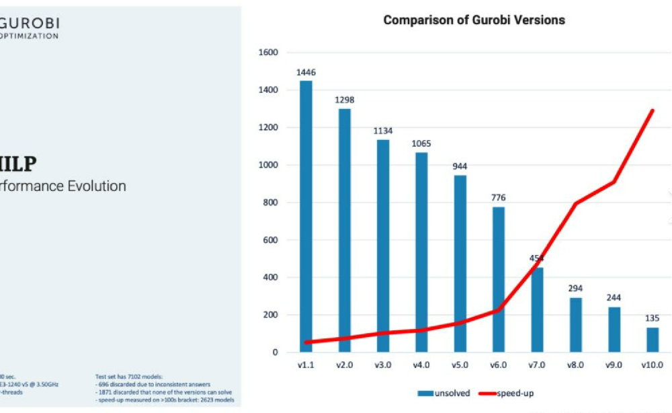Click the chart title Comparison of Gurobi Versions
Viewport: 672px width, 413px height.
point(474,20)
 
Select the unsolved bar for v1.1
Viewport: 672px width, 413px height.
point(306,215)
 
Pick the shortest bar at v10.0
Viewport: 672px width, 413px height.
point(653,340)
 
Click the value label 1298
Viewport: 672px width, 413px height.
point(344,100)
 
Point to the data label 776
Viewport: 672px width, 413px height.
point(498,198)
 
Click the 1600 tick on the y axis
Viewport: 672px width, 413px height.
point(269,52)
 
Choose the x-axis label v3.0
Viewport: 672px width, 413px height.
point(382,365)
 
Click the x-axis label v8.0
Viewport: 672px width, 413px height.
point(575,365)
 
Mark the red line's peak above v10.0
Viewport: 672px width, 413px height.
point(653,110)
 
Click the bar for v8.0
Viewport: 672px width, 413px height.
point(575,325)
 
